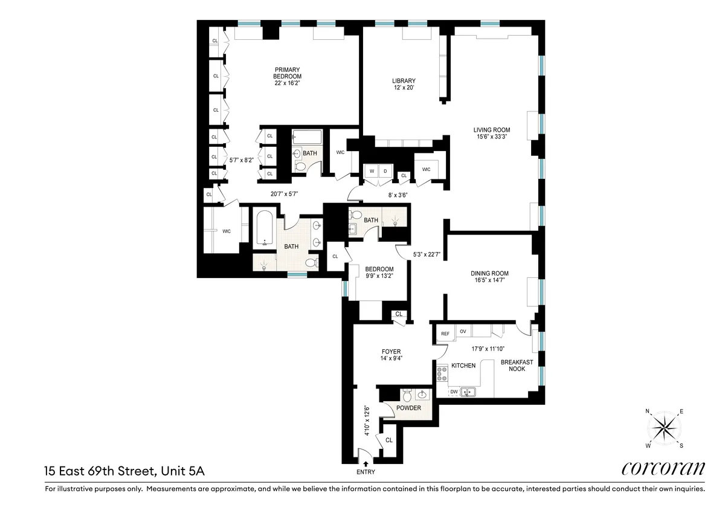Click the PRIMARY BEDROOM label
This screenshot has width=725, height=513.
(287, 73)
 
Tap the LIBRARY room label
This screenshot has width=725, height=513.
(404, 81)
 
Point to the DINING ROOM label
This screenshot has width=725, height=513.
(489, 274)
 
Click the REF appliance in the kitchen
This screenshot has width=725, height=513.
(445, 333)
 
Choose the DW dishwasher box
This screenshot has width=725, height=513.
(453, 392)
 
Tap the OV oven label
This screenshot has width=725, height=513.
(463, 331)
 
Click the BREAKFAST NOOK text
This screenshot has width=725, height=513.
(517, 366)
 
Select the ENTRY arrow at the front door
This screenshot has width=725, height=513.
(366, 464)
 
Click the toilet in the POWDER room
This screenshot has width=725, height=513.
(407, 396)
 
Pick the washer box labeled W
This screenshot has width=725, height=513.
(372, 171)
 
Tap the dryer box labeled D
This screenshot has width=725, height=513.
(385, 171)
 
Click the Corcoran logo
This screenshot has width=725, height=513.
(663, 468)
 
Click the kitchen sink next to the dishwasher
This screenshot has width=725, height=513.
(468, 392)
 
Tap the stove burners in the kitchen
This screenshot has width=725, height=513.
(441, 373)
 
